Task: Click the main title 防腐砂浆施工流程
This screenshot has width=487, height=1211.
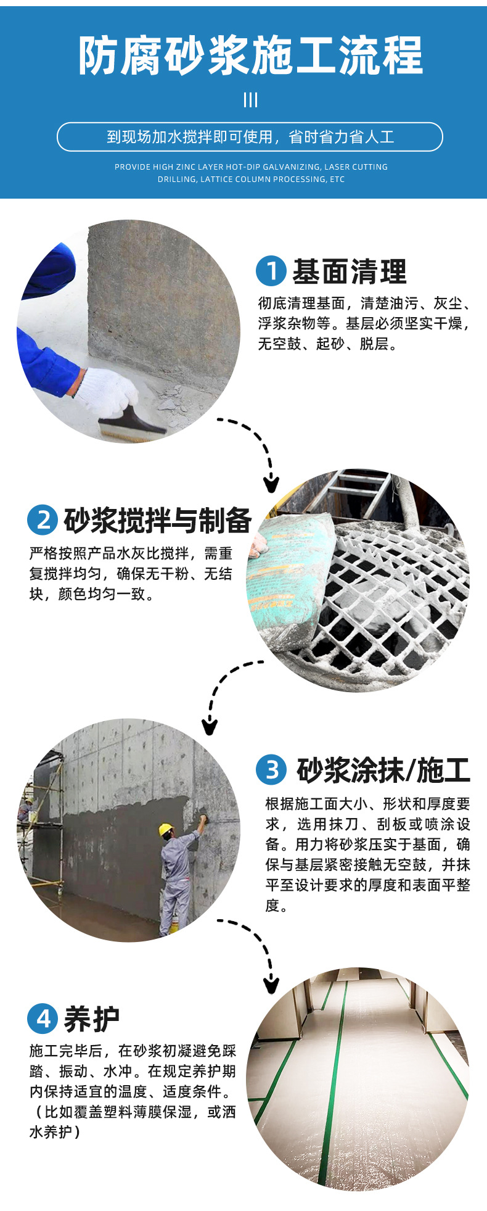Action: [250, 56]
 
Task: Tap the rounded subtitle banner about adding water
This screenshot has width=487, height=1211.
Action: [250, 137]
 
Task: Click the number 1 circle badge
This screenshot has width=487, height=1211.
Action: [271, 271]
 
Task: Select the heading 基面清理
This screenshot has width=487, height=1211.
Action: [350, 271]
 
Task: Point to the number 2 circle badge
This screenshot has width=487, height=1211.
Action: [43, 520]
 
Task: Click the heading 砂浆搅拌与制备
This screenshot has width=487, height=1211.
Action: [158, 521]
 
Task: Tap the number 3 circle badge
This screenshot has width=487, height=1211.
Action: [271, 769]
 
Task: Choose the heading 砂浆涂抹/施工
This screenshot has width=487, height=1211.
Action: [383, 770]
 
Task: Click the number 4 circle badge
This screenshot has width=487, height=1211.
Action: [43, 1019]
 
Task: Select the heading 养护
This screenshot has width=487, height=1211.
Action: [92, 1019]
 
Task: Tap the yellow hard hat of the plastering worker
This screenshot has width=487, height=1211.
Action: [166, 829]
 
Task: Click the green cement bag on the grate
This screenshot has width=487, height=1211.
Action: [290, 570]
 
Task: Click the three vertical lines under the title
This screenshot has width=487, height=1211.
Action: [250, 100]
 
